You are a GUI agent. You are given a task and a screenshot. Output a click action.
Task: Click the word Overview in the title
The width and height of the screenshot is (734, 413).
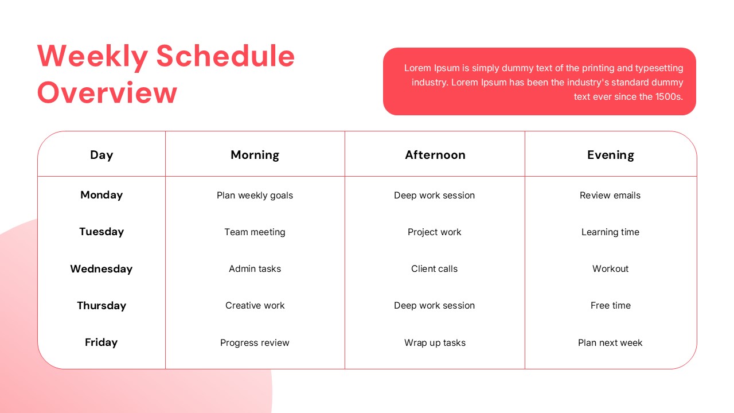(107, 93)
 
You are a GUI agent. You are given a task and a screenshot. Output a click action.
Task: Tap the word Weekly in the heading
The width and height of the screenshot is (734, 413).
(93, 57)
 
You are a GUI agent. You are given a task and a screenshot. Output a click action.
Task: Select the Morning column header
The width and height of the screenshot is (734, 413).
(255, 155)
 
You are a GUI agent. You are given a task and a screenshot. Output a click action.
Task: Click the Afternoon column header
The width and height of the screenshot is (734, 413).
(435, 155)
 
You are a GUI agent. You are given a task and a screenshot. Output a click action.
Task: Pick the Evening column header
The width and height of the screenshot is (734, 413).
(611, 155)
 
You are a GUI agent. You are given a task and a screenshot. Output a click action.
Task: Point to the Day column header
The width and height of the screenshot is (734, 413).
(101, 155)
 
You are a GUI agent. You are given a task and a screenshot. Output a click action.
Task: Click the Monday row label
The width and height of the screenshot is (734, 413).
(101, 196)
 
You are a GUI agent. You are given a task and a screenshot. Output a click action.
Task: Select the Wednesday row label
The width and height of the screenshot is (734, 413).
(101, 269)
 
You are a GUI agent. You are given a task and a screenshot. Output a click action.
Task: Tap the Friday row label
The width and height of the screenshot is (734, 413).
(101, 342)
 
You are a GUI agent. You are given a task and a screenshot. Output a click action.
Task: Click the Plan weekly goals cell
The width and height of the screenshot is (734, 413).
(255, 196)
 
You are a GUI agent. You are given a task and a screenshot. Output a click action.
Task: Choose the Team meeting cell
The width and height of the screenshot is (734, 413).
(255, 232)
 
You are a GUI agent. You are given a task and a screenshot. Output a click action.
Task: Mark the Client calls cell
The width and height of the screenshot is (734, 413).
(435, 269)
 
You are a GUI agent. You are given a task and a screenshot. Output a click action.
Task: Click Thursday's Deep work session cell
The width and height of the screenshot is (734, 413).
(435, 306)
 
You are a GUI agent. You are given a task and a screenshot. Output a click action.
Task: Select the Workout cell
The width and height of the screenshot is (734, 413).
(611, 269)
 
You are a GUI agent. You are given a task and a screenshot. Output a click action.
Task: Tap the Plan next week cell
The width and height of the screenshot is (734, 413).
(610, 343)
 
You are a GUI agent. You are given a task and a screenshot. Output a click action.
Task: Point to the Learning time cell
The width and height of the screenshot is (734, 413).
(611, 232)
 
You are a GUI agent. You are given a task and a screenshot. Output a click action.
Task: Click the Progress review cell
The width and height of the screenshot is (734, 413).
(255, 343)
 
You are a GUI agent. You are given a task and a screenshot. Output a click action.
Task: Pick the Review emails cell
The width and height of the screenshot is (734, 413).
(610, 196)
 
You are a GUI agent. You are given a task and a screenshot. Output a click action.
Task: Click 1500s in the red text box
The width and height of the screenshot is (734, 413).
(669, 97)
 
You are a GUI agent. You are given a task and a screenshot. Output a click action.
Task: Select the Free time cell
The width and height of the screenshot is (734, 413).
(611, 306)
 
